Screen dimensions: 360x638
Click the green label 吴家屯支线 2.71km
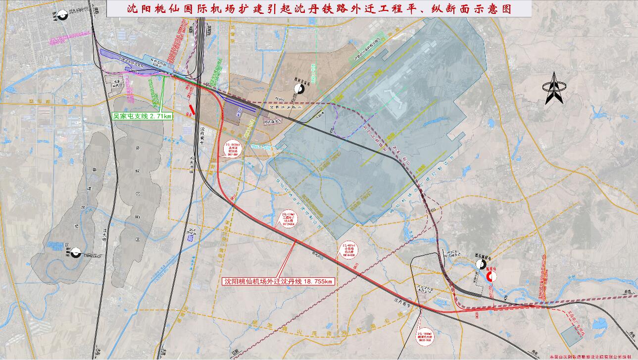coord(142,116)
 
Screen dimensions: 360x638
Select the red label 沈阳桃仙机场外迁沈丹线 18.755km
coord(279,281)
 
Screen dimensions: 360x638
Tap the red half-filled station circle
coord(490,276)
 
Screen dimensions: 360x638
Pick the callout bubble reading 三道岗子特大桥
coord(289,216)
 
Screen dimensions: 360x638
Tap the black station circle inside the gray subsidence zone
coord(76,254)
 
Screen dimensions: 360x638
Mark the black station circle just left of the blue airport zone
coord(298,89)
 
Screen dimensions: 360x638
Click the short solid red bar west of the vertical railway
coord(192,109)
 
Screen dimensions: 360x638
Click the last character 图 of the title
coord(505,9)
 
